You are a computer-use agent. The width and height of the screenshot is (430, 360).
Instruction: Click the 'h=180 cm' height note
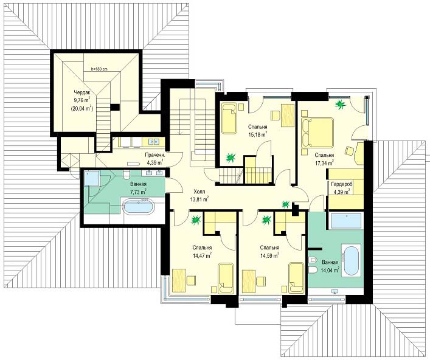coord(99,69)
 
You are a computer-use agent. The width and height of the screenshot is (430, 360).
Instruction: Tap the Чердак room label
coord(81,92)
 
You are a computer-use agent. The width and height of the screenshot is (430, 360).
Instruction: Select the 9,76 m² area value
coord(81,100)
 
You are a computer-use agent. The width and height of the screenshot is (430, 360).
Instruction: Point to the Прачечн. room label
coord(155,155)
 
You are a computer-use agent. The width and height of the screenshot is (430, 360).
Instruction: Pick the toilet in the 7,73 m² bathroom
coord(127,175)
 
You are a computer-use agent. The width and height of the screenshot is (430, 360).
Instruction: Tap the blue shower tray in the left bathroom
coord(91,178)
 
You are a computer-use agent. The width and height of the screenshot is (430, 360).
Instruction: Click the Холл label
coord(199,192)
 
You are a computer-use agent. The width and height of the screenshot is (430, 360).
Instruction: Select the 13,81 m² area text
coord(199,199)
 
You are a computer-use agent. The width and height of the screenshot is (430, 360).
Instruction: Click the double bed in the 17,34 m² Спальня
coord(317,133)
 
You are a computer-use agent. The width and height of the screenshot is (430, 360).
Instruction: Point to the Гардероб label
coord(341,184)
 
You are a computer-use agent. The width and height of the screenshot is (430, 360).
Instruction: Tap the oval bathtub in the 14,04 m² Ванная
coord(351,261)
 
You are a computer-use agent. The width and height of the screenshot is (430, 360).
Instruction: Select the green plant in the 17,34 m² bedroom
coord(341,104)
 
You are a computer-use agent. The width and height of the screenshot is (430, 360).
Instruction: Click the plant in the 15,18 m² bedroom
coord(231,157)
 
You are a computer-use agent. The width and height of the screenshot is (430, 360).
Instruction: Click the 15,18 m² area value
coord(258,134)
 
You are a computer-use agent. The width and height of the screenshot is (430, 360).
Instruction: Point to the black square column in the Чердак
coord(115,107)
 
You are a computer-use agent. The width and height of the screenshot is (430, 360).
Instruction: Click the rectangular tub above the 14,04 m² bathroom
coord(346,221)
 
